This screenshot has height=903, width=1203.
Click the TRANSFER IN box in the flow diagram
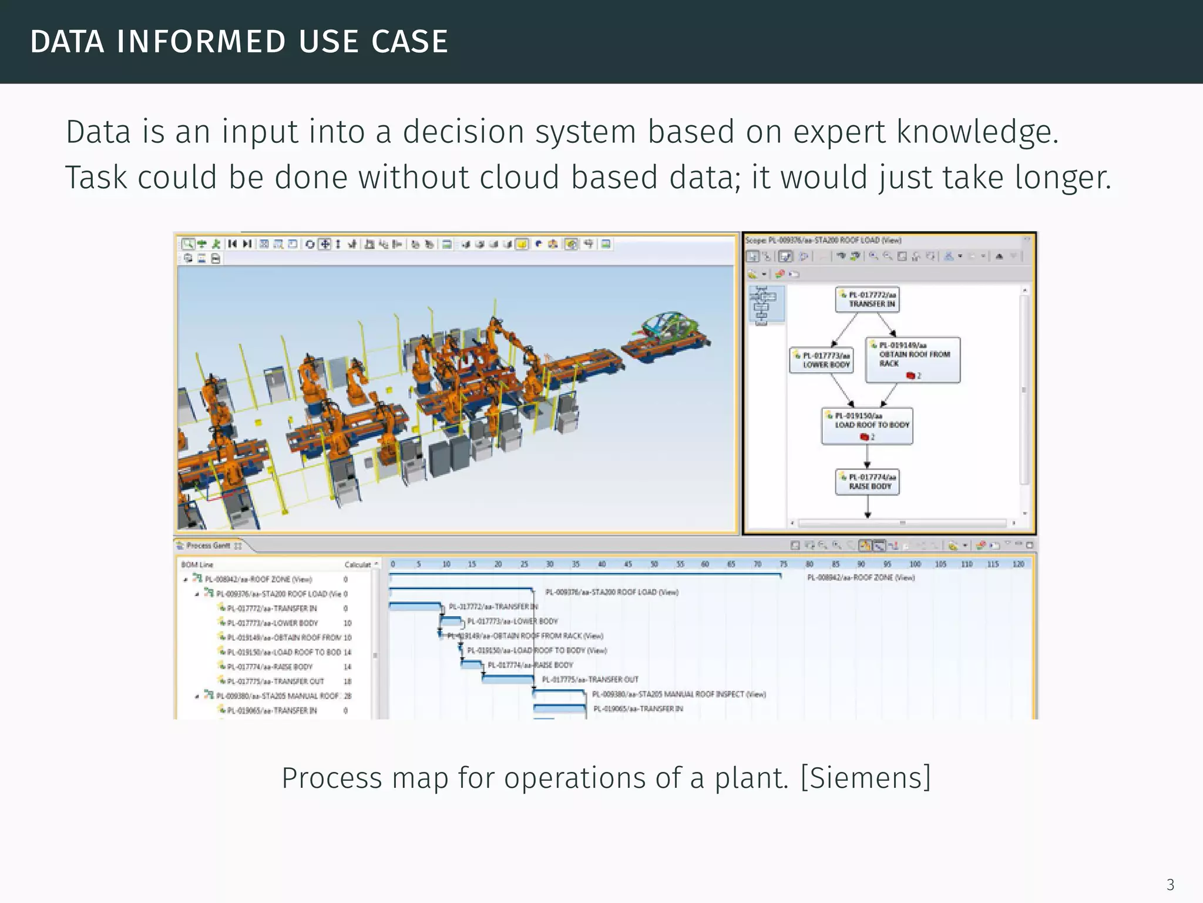[x=867, y=299]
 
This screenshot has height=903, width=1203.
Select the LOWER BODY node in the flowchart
[x=821, y=360]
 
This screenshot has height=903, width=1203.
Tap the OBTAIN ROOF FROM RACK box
[x=912, y=359]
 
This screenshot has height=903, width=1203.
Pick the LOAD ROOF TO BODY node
[x=867, y=425]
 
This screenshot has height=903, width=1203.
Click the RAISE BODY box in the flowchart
[x=867, y=481]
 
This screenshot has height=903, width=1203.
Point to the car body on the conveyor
[x=670, y=330]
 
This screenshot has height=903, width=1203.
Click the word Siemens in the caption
[x=865, y=778]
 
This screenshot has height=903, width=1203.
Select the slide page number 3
[x=1170, y=884]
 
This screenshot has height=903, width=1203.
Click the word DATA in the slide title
[x=67, y=42]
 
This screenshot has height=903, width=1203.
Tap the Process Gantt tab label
[x=208, y=546]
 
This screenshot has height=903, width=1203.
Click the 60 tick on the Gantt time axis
[x=705, y=564]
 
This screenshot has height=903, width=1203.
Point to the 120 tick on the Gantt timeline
[x=1018, y=564]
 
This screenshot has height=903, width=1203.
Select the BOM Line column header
[x=197, y=565]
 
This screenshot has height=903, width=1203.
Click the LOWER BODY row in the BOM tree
[x=273, y=623]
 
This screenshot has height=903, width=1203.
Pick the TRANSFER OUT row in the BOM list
[x=275, y=681]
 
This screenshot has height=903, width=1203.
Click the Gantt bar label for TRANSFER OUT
[x=590, y=680]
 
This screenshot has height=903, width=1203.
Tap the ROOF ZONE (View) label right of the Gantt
[x=861, y=578]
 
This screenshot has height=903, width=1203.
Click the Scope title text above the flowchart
[x=822, y=240]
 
